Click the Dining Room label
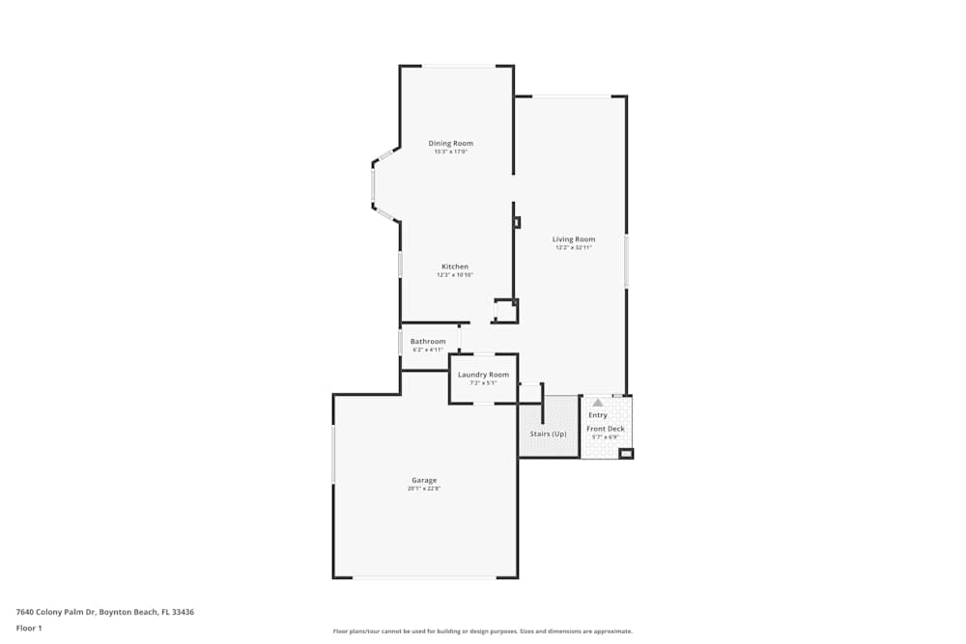451,143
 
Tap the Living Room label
574,238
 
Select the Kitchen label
455,266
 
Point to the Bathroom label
428,341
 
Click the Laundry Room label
483,375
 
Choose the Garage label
424,480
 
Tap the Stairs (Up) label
549,434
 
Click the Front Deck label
606,429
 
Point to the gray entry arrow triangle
598,403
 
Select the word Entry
598,415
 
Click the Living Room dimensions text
574,248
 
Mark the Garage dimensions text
424,489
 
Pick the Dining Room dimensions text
451,152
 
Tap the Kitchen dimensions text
455,275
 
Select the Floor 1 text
29,628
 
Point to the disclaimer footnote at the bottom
483,631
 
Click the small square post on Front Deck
626,453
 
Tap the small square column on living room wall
517,222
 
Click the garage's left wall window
333,454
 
